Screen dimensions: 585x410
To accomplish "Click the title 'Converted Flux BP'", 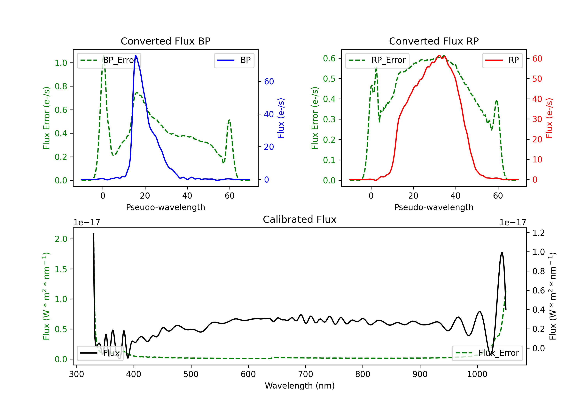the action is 165,41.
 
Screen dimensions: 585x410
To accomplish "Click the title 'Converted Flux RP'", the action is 434,41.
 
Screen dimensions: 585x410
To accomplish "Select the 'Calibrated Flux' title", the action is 300,219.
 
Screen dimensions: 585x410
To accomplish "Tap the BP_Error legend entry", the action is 109,60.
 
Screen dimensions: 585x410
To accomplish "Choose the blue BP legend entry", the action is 234,60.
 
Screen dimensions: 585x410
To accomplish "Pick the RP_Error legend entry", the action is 377,60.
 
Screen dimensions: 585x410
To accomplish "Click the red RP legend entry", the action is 502,60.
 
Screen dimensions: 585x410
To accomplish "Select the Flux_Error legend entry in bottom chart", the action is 487,353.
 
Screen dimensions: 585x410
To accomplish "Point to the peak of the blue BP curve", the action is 136,55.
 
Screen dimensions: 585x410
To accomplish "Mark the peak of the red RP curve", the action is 439,55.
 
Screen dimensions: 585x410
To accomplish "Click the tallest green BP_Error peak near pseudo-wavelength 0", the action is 103,55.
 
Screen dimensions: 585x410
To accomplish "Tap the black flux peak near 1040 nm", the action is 502,253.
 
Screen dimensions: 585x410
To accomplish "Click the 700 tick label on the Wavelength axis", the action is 306,374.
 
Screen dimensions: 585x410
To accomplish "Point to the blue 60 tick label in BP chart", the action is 269,81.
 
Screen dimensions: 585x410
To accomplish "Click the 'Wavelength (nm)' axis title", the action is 300,386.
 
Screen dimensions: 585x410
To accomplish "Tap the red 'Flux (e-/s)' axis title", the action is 549,118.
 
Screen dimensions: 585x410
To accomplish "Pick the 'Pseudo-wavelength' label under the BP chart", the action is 165,207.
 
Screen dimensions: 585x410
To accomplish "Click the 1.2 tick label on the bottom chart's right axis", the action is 538,233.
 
